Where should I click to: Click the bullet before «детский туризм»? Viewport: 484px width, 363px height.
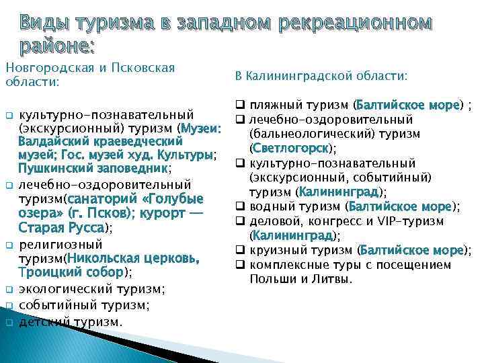[x=9, y=322]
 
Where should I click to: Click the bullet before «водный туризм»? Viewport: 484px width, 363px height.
[x=239, y=206]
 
